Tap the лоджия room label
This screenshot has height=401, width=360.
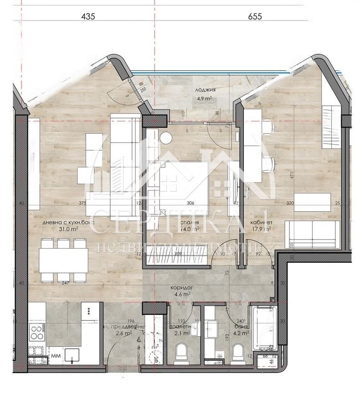(206, 90)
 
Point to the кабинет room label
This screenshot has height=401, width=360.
(262, 223)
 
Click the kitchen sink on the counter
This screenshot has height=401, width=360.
(72, 354)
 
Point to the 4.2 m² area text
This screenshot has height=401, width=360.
(242, 333)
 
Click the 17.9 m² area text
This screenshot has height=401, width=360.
(262, 229)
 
